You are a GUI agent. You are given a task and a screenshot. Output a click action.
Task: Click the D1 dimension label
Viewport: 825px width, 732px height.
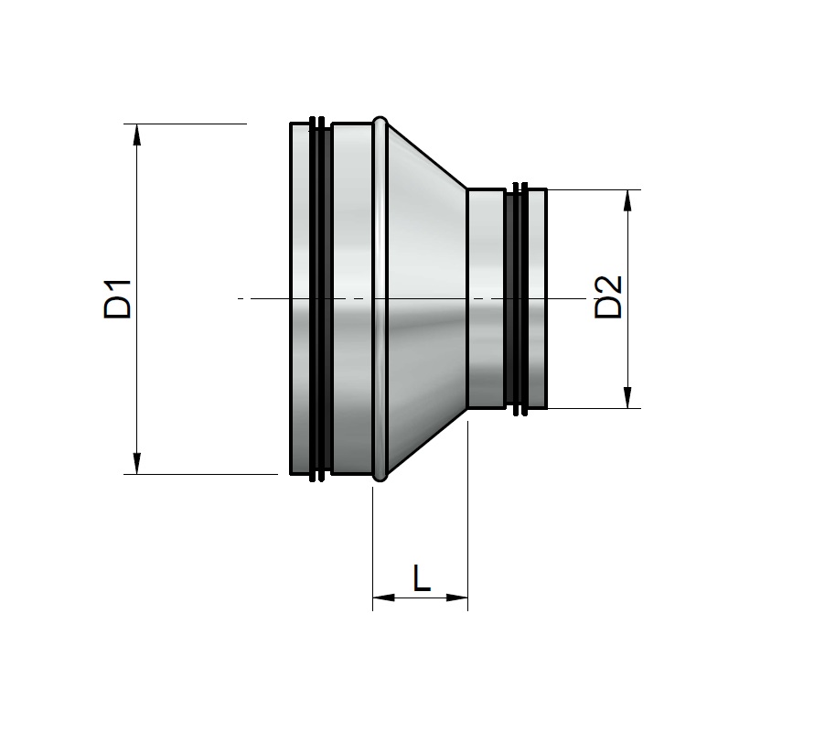tap(117, 299)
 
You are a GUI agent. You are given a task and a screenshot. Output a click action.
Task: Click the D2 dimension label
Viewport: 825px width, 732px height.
tap(608, 297)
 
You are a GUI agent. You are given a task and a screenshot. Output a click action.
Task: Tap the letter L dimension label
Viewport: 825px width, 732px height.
tap(421, 577)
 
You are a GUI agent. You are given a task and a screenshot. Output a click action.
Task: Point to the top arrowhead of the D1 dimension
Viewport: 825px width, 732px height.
tap(137, 135)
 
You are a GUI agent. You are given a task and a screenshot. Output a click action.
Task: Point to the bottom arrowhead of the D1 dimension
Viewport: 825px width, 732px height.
tap(137, 464)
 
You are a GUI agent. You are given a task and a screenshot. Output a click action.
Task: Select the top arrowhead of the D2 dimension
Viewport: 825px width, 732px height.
tap(627, 200)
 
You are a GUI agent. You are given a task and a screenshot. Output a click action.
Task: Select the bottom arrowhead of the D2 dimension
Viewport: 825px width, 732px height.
tap(627, 397)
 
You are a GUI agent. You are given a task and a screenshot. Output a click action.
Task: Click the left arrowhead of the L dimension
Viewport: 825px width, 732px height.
tap(383, 597)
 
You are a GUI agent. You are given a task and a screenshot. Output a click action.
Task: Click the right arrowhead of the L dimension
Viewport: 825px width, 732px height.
tap(456, 597)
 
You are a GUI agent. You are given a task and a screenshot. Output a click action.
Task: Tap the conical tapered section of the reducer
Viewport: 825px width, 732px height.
tap(426, 299)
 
